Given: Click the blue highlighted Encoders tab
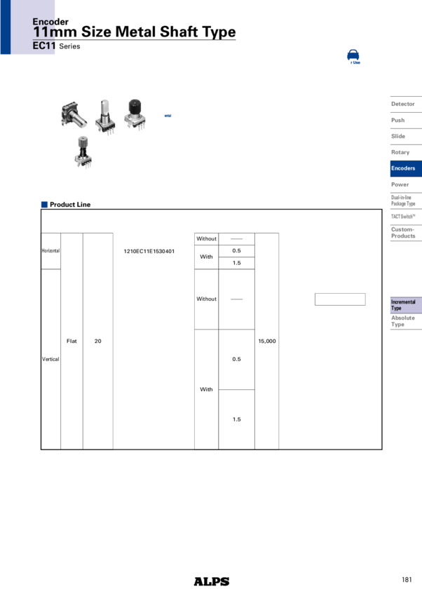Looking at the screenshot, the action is [404, 168].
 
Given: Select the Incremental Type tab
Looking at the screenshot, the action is [404, 305].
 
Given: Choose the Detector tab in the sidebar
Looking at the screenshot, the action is [403, 104].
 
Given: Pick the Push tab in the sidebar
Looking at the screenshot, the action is [398, 120].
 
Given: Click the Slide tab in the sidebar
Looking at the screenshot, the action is [398, 136].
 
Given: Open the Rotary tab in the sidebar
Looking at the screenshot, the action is [401, 152].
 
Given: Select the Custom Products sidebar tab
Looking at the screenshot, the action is [403, 233].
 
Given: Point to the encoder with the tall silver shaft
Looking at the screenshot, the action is [104, 116].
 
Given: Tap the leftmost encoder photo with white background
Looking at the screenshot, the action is [74, 115].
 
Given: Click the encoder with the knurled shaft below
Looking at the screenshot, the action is [83, 153].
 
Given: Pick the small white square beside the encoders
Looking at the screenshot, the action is [163, 109].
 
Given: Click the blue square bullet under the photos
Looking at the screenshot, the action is [44, 204].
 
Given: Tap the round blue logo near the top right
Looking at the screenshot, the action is [353, 57].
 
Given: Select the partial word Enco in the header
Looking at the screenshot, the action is [43, 22].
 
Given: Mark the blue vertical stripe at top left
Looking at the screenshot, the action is [5, 27].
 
